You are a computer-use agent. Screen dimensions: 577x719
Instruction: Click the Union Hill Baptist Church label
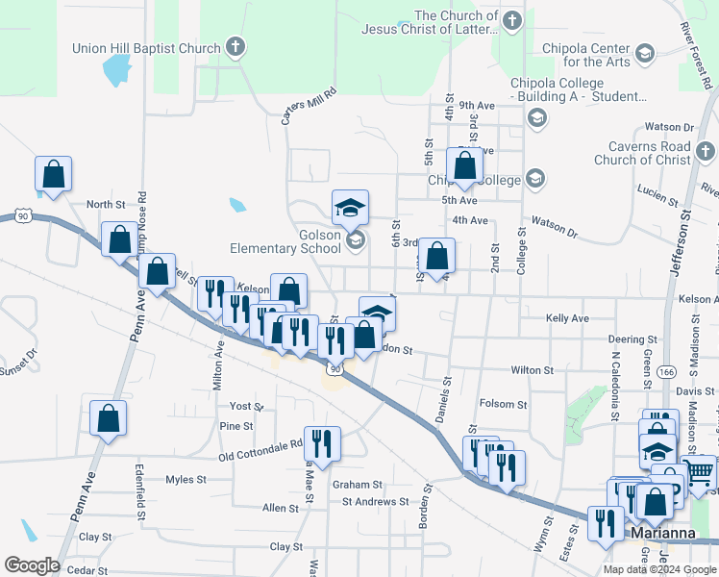146,48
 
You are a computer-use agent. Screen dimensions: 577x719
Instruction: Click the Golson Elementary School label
285,241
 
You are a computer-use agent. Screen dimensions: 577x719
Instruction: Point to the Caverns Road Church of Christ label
642,153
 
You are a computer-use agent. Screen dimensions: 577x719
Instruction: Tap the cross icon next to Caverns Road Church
706,151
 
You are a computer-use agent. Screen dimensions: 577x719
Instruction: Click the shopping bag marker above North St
54,175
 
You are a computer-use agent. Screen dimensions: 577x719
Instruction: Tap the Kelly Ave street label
567,318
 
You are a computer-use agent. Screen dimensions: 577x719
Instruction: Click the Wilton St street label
532,369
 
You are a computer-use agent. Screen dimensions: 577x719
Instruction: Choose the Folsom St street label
504,405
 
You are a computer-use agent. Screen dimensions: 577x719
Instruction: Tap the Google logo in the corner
32,565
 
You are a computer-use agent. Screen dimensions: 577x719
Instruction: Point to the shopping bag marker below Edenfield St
108,418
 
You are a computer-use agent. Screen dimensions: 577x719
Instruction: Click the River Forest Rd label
698,59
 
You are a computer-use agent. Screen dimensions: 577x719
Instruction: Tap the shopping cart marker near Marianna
701,472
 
